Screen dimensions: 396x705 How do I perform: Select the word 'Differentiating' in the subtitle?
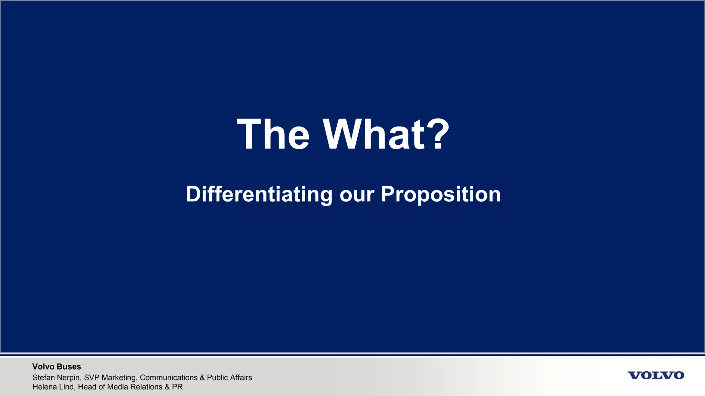click(259, 195)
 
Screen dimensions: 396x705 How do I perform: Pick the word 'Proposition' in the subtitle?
click(441, 195)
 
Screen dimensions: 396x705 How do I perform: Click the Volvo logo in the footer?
click(656, 375)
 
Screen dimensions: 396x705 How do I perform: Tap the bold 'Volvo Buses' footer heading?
click(56, 367)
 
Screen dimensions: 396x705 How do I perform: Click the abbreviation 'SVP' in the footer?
click(92, 377)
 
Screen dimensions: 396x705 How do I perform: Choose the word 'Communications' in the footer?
click(169, 377)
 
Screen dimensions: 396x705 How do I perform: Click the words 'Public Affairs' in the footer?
click(229, 377)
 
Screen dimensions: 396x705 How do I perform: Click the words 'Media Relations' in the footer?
click(135, 387)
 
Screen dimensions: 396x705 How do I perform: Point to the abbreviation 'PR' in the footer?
click(177, 387)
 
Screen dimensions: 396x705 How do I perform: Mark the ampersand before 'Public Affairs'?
click(202, 377)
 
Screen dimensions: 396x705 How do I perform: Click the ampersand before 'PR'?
click(167, 387)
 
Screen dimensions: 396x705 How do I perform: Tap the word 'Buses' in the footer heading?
click(70, 367)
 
